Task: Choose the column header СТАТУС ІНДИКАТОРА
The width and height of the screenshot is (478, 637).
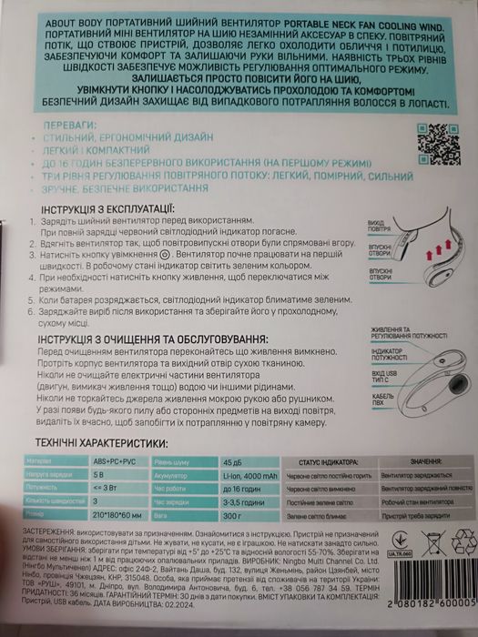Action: [332, 461]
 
